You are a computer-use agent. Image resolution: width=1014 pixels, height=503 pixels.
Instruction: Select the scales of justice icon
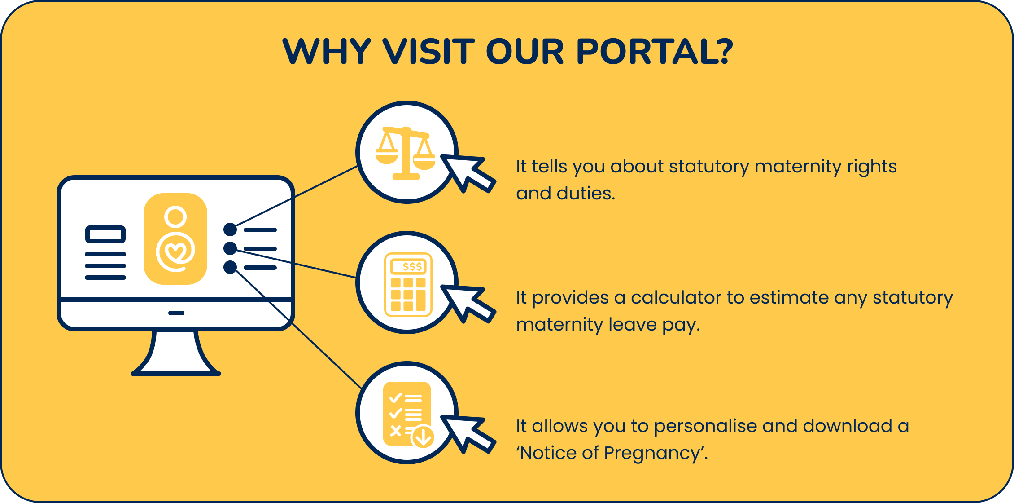coord(406,153)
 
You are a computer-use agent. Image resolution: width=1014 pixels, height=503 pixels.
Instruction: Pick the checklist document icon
coord(406,413)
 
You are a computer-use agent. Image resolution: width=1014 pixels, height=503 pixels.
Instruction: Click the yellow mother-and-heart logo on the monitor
coord(175,239)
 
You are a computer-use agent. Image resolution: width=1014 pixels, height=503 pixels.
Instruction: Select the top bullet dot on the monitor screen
coord(230,229)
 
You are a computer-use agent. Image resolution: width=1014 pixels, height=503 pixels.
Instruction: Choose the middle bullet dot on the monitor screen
coord(230,248)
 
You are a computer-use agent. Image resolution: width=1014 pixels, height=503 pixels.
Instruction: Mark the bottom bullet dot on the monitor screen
coord(230,267)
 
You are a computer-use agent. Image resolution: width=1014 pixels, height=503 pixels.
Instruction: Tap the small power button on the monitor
coord(176,313)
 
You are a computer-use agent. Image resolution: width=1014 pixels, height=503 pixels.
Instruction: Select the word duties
coord(585,194)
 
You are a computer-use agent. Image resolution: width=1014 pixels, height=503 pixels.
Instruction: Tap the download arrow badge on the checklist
coord(423,436)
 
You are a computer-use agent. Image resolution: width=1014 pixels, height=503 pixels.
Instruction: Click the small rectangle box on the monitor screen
coord(105,234)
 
